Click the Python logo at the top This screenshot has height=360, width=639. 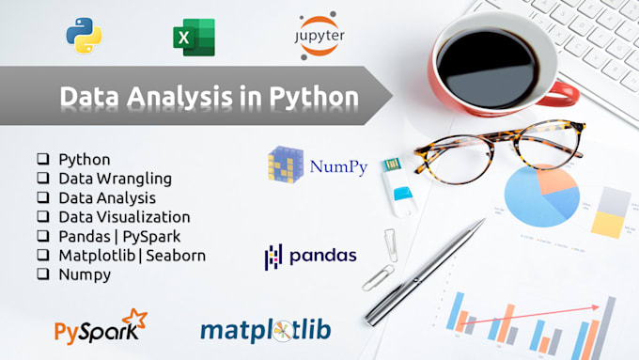pyautogui.click(x=84, y=36)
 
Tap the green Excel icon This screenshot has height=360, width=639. pyautogui.click(x=193, y=38)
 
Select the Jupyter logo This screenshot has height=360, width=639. pyautogui.click(x=320, y=35)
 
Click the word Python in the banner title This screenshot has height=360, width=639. pyautogui.click(x=312, y=98)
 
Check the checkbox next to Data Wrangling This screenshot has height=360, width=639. pyautogui.click(x=43, y=179)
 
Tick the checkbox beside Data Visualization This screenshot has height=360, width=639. pyautogui.click(x=43, y=217)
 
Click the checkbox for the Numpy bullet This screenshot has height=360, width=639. pyautogui.click(x=43, y=274)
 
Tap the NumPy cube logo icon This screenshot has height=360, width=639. pyautogui.click(x=285, y=165)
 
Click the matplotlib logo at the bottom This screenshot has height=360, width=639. pyautogui.click(x=265, y=331)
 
